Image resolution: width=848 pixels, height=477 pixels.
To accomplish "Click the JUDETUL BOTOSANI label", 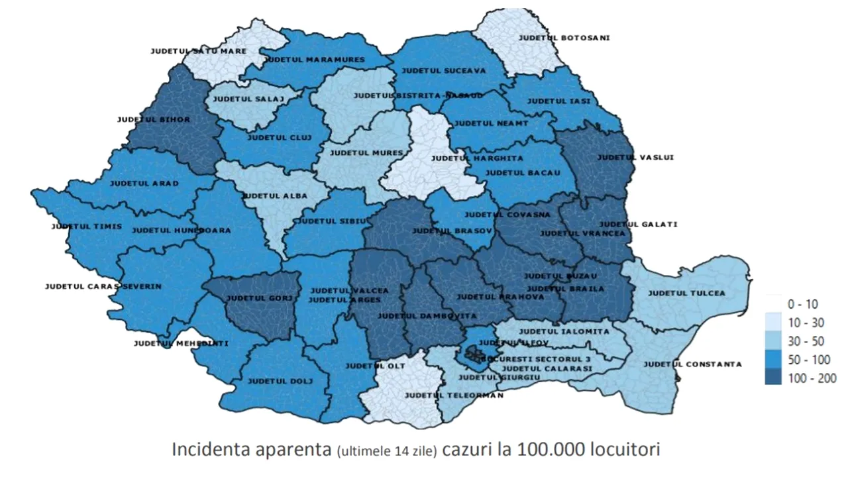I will pyautogui.click(x=564, y=38).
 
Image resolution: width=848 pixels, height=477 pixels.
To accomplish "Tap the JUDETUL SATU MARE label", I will pyautogui.click(x=198, y=51).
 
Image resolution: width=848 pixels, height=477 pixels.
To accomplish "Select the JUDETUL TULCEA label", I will pyautogui.click(x=686, y=293).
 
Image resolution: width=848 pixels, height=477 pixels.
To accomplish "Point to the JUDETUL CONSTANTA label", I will pyautogui.click(x=692, y=364).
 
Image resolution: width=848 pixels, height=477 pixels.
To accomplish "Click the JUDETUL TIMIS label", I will pyautogui.click(x=87, y=227).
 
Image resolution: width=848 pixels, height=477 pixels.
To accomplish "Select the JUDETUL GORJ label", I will pyautogui.click(x=259, y=298).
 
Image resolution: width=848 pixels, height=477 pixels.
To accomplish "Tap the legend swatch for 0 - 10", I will pyautogui.click(x=772, y=304).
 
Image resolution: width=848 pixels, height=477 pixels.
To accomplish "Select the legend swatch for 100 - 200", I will pyautogui.click(x=772, y=378).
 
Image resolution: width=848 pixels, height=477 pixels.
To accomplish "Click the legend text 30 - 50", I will pyautogui.click(x=804, y=341).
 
